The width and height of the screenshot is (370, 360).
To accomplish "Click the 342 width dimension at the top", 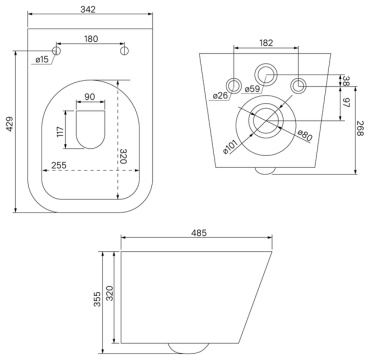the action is click(88, 9).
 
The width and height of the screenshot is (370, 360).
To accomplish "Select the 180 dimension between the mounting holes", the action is click(91, 39).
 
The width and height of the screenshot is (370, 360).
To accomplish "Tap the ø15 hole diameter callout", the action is click(42, 60).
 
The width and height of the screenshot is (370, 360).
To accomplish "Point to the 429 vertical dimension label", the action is click(10, 124).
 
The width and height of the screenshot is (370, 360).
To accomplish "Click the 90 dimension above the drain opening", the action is click(90, 97).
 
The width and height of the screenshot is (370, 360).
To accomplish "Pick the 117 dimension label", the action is click(60, 133).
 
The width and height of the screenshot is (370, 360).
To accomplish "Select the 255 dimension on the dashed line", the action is click(59, 165).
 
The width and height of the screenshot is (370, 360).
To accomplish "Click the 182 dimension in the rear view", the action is click(266, 43).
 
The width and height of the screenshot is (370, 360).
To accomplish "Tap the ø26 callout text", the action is click(220, 96).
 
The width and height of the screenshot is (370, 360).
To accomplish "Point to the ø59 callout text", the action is click(252, 89).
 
